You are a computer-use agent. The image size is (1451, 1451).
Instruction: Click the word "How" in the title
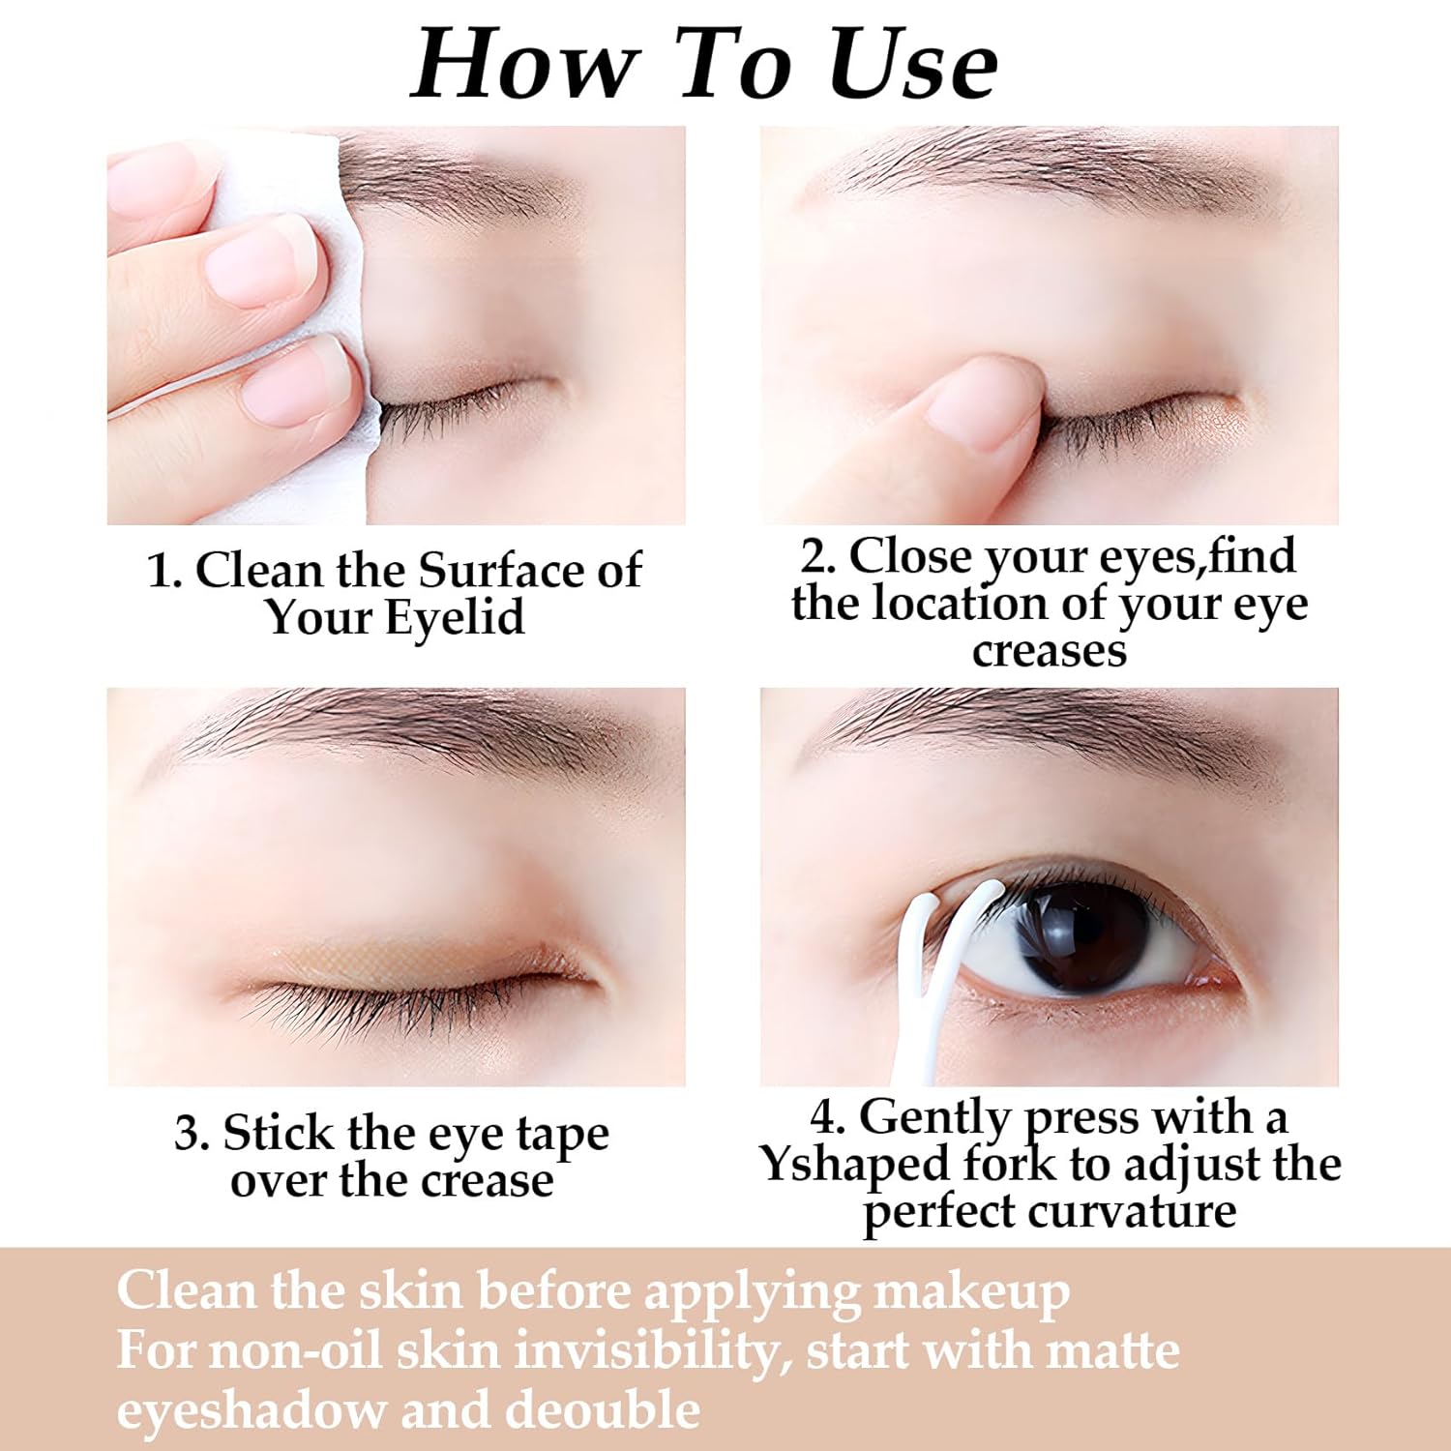coord(523,64)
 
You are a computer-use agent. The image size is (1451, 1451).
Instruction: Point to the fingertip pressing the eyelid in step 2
coord(977,406)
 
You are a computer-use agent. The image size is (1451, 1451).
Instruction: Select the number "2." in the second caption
coord(818,556)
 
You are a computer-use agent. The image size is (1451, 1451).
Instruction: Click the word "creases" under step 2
coord(1050,651)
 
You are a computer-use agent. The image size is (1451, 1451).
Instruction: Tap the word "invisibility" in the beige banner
coord(647,1350)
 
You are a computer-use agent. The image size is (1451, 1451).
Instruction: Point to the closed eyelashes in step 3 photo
coord(416,996)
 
